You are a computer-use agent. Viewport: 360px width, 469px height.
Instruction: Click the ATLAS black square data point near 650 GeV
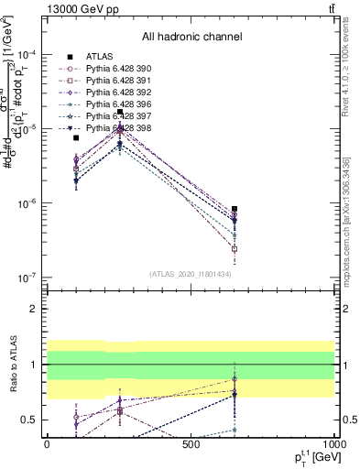235,209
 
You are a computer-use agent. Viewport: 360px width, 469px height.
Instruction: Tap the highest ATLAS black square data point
120,112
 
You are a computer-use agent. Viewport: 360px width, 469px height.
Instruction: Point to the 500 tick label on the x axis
191,444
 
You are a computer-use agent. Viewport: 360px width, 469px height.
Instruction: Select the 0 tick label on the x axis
47,444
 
